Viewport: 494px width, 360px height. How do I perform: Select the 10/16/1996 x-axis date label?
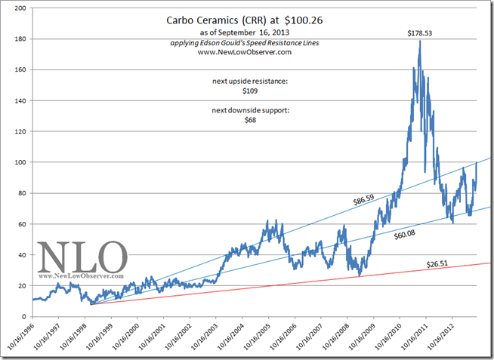[x=23, y=337]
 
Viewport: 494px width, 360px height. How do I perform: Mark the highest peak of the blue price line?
[x=419, y=42]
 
